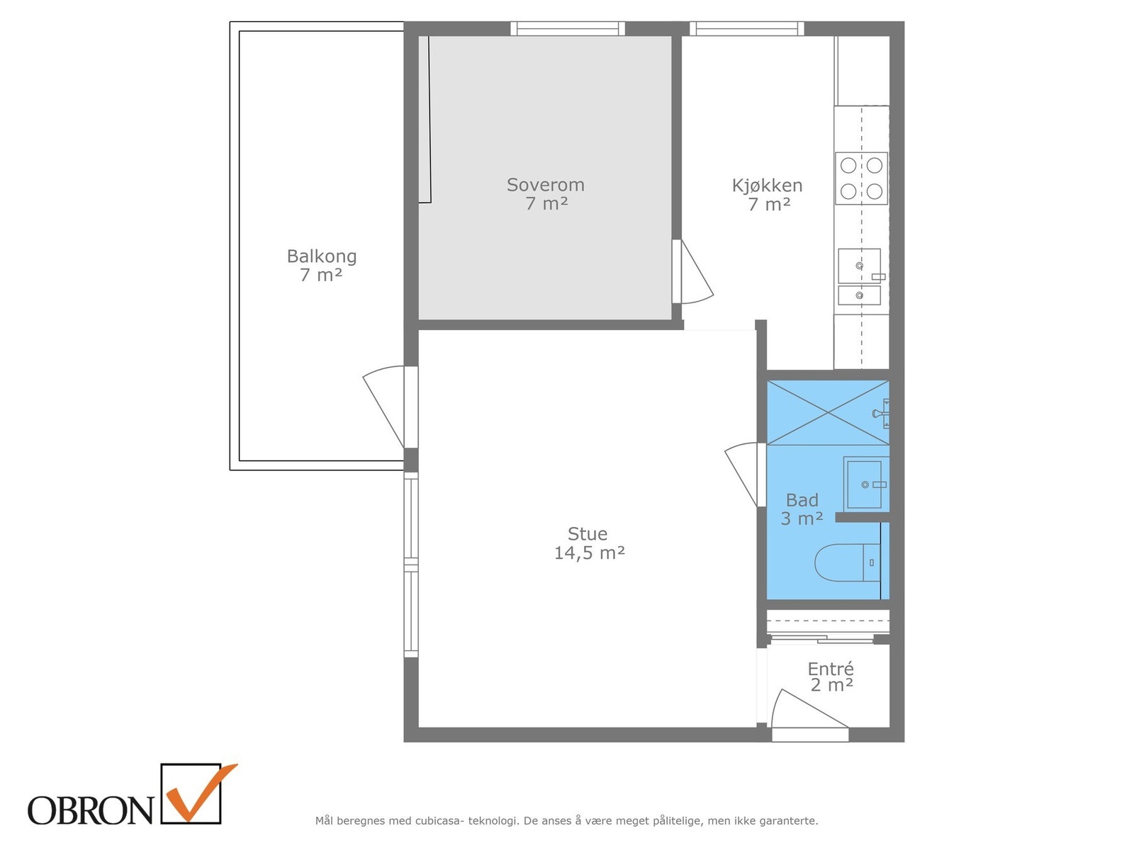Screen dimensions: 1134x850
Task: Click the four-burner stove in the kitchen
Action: [x=861, y=178]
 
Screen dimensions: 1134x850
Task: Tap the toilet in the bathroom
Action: [x=847, y=562]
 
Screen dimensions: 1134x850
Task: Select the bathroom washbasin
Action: [x=866, y=484]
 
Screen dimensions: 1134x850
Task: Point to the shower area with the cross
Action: [x=828, y=412]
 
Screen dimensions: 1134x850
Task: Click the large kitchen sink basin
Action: [x=859, y=266]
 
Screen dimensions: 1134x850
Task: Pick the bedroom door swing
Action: [x=697, y=271]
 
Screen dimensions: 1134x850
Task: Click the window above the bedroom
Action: [x=567, y=28]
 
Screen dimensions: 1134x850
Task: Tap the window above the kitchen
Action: [x=746, y=28]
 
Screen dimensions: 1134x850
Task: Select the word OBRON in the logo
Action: [x=91, y=810]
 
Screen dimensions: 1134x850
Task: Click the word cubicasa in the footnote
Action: [x=440, y=820]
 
